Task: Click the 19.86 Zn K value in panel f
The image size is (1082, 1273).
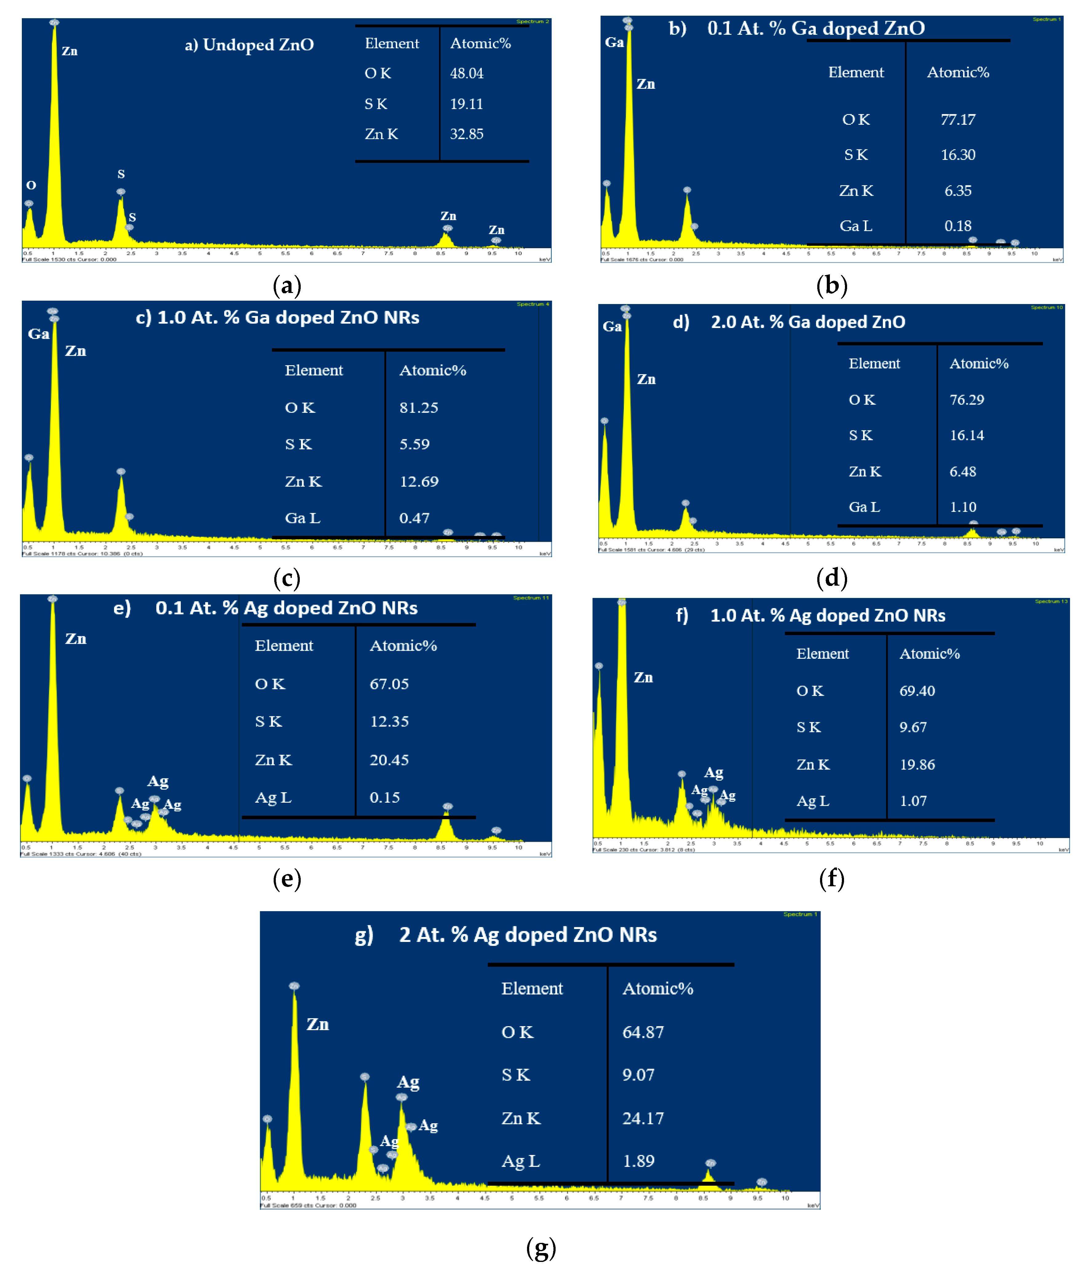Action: tap(917, 765)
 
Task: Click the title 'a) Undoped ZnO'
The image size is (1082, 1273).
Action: tap(249, 45)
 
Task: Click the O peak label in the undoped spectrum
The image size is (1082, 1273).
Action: tap(31, 185)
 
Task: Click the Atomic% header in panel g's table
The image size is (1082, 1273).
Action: tap(658, 988)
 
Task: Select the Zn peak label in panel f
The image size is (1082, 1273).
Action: tap(643, 678)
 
